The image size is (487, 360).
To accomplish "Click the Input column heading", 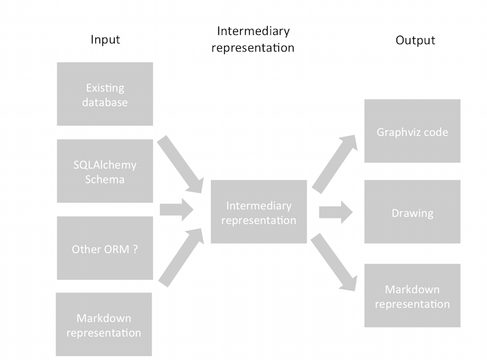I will [105, 39].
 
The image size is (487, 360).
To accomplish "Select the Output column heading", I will [415, 40].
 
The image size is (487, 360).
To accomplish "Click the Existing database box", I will [105, 95].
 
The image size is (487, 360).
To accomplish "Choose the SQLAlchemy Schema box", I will [105, 171].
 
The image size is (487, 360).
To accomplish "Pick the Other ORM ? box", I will [105, 249].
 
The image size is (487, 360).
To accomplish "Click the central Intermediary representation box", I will [259, 212].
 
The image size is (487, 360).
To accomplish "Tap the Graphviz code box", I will [413, 132].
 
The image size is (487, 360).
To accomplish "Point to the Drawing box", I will [413, 212].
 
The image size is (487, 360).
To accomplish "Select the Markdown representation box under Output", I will [413, 296].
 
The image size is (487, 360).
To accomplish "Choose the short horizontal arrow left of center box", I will [176, 210].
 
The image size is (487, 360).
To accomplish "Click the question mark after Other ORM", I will [134, 249].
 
